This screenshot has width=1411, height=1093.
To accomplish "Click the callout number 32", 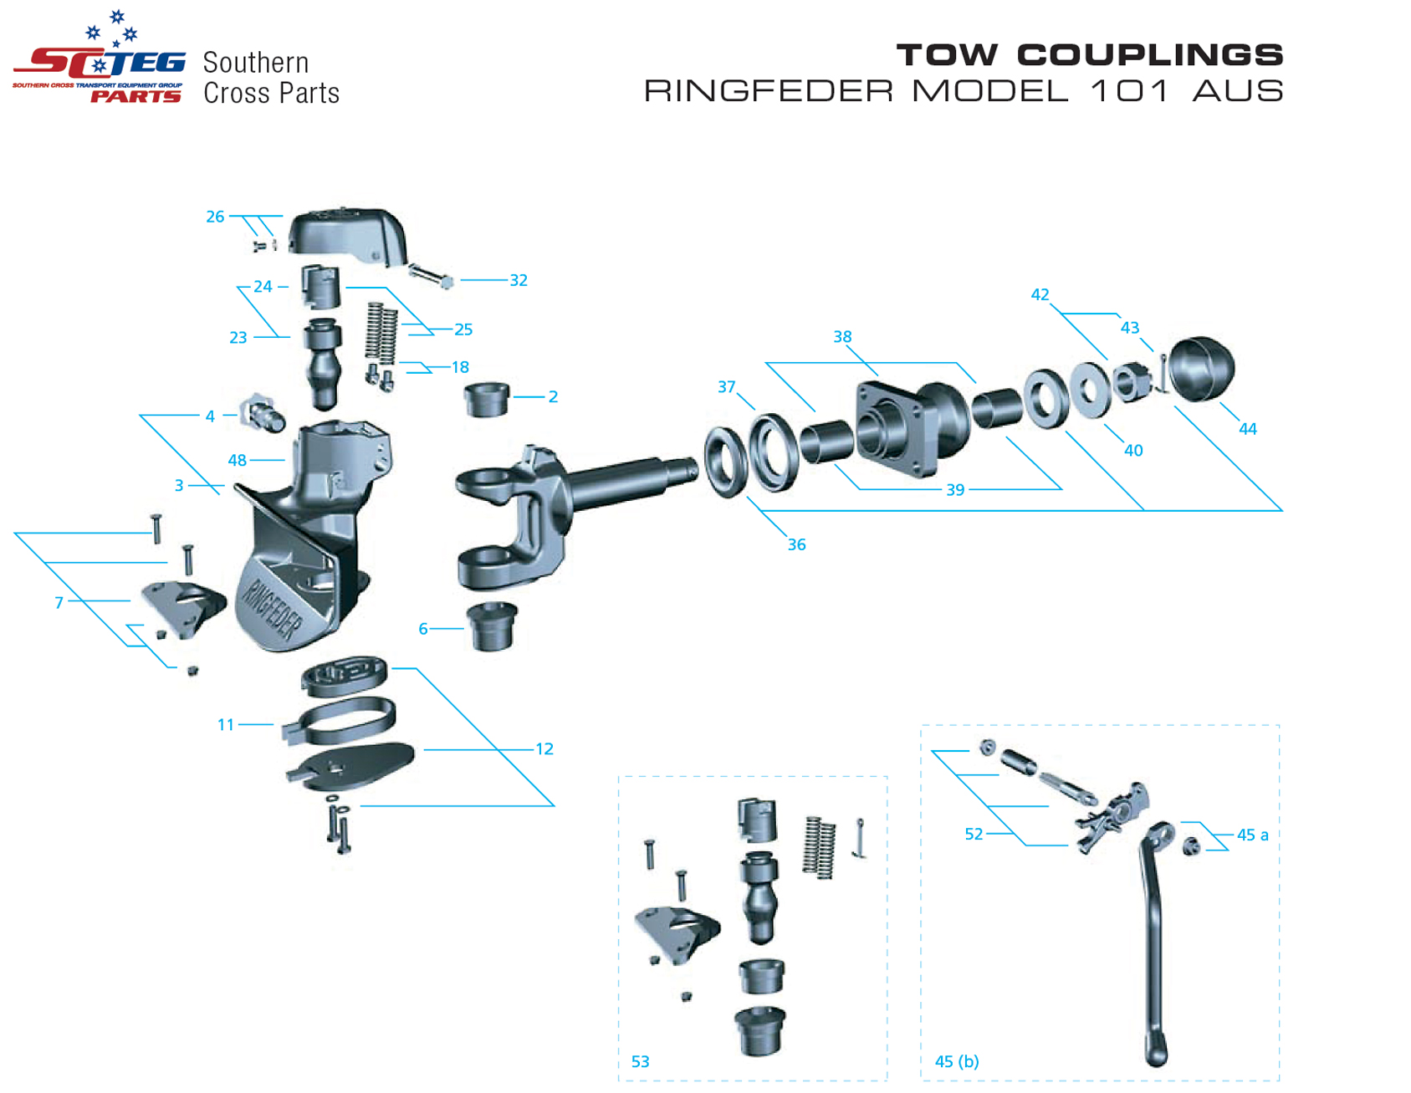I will [x=519, y=281].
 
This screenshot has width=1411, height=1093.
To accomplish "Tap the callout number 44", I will [x=1247, y=429].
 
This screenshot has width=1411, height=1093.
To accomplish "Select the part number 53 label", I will [x=640, y=1062].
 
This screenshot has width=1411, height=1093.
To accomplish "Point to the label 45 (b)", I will [x=957, y=1062].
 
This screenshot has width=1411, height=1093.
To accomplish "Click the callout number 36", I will [x=796, y=545].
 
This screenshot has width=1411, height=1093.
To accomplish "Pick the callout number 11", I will [x=226, y=725].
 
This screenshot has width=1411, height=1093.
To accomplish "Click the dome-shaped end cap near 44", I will [x=1202, y=369].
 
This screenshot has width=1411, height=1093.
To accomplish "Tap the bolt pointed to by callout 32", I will [x=431, y=276].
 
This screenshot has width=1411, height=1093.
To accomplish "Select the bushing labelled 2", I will [x=487, y=399].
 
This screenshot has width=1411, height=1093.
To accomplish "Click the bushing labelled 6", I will [x=492, y=626].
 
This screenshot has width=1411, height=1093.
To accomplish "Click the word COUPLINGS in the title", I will [x=1149, y=55].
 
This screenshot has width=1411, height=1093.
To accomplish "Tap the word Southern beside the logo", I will [x=256, y=63].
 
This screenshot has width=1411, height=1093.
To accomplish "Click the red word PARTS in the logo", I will [x=136, y=96].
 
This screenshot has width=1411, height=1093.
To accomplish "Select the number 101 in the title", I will [x=1129, y=90].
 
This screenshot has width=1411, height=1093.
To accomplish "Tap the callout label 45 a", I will [x=1252, y=835].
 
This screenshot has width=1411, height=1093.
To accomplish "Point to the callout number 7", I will [x=59, y=603].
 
